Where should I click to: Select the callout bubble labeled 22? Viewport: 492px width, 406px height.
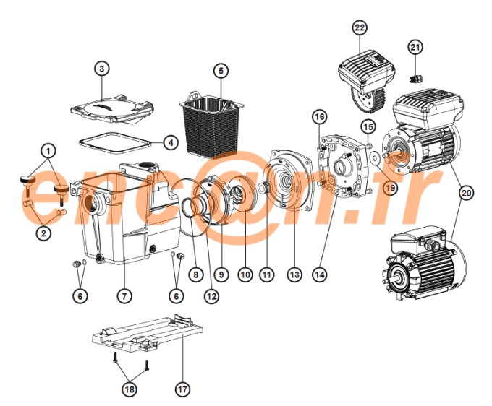coord(360,27)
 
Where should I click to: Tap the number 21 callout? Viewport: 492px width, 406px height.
coord(415,48)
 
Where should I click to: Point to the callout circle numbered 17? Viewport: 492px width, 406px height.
coord(182,389)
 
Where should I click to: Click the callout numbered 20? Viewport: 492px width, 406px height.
coord(467,193)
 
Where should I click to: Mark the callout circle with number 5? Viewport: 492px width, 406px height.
coord(221,70)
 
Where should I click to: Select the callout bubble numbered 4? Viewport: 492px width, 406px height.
coord(169,142)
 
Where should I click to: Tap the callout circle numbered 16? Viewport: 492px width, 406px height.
coord(319,116)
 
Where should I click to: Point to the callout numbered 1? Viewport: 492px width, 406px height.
coord(48,151)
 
